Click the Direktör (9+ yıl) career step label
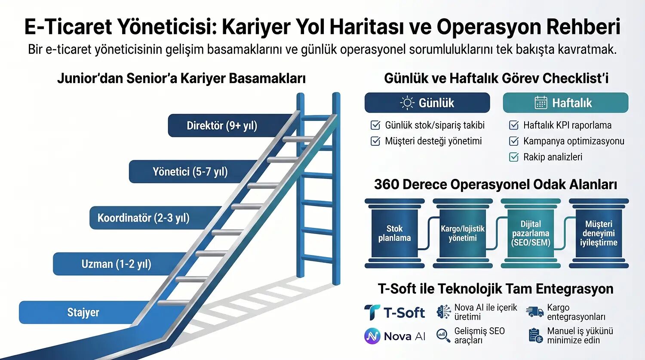pyautogui.click(x=221, y=126)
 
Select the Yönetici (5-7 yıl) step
pyautogui.click(x=190, y=172)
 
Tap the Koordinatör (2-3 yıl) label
pyautogui.click(x=143, y=218)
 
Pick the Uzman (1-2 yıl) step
pyautogui.click(x=116, y=264)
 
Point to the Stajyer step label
pyautogui.click(x=83, y=312)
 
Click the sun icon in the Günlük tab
pyautogui.click(x=407, y=103)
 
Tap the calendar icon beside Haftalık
pyautogui.click(x=541, y=103)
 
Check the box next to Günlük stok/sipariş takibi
pyautogui.click(x=375, y=125)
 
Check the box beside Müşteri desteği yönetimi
pyautogui.click(x=375, y=141)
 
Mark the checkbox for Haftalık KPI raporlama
pyautogui.click(x=514, y=125)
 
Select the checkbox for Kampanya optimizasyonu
pyautogui.click(x=514, y=141)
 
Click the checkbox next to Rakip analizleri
pyautogui.click(x=514, y=157)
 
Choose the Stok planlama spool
pyautogui.click(x=394, y=233)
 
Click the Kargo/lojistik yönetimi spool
pyautogui.click(x=463, y=233)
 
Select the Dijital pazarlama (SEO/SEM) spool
pyautogui.click(x=531, y=233)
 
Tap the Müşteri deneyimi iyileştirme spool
pyautogui.click(x=599, y=233)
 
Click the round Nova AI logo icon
pyautogui.click(x=372, y=336)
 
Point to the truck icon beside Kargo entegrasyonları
pyautogui.click(x=534, y=312)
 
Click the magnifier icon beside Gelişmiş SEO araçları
pyautogui.click(x=443, y=335)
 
